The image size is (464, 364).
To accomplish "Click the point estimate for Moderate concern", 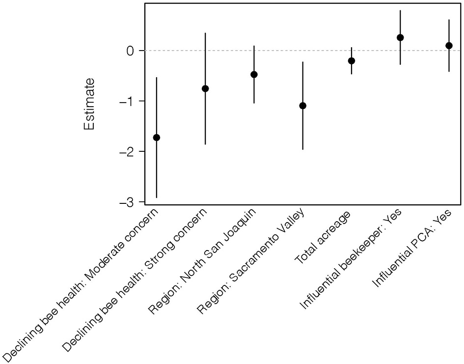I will (157, 138).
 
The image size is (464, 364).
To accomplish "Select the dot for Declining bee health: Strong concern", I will (205, 88).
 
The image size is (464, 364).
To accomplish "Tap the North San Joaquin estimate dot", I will (254, 75).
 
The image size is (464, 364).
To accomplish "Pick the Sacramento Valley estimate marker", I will (303, 106).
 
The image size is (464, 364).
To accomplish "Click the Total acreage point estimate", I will (352, 61).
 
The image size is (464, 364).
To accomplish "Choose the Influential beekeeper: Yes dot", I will (400, 37).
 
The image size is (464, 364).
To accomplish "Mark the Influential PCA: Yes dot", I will (449, 45).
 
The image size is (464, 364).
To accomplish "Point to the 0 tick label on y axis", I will (130, 51).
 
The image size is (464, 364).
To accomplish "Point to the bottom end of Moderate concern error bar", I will (157, 197).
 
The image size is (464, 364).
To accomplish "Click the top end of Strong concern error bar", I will (205, 33).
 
